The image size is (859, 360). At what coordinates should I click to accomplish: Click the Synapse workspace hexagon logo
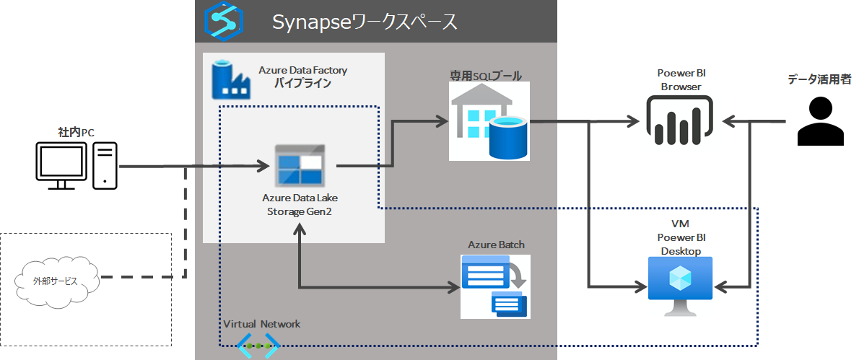click(223, 22)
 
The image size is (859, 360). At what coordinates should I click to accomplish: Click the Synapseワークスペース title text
click(365, 22)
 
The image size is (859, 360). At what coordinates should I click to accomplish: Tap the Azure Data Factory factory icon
click(231, 80)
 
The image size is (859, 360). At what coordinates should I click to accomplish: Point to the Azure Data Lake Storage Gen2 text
click(303, 205)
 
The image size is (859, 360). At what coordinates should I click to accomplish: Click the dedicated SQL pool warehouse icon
click(489, 121)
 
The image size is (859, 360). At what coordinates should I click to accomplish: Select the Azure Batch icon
click(495, 286)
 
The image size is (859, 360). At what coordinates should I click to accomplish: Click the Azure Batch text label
click(497, 245)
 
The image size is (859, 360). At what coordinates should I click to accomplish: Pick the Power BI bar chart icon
click(679, 121)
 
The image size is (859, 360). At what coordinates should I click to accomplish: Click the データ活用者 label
click(819, 79)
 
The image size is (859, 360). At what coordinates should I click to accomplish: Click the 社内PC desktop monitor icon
click(60, 166)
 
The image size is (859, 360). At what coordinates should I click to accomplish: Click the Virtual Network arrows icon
click(258, 346)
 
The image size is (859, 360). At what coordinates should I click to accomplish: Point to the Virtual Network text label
click(262, 324)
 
